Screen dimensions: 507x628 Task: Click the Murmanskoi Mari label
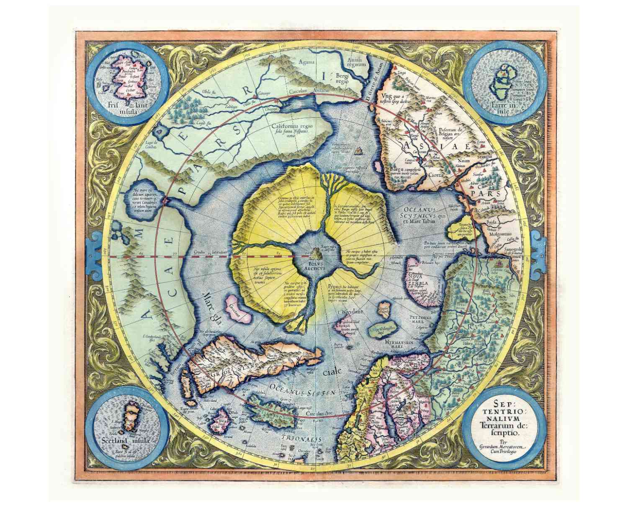tap(399, 344)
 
